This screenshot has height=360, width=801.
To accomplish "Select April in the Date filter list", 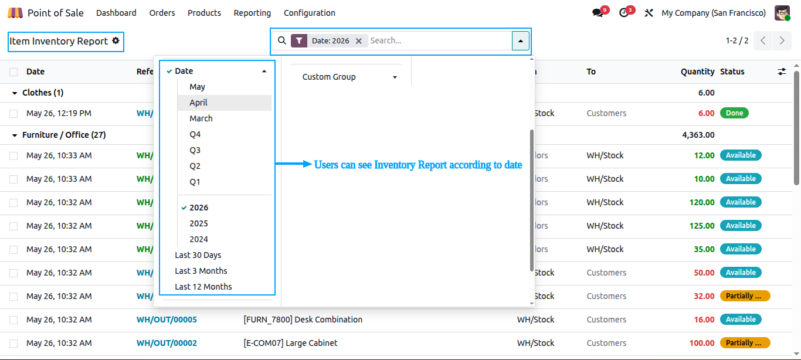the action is pyautogui.click(x=198, y=103).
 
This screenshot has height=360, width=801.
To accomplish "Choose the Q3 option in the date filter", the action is pyautogui.click(x=195, y=150).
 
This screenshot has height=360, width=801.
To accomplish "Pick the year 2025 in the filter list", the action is pyautogui.click(x=198, y=223).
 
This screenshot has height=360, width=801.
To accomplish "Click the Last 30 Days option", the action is pyautogui.click(x=198, y=255).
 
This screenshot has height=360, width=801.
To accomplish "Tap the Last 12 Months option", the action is pyautogui.click(x=203, y=287).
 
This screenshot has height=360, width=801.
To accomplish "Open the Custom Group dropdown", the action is pyautogui.click(x=349, y=77).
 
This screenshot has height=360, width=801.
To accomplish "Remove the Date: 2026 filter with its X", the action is pyautogui.click(x=359, y=41).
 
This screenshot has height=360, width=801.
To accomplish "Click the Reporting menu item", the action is pyautogui.click(x=252, y=13).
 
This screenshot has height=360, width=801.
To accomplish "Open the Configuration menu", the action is pyautogui.click(x=309, y=13).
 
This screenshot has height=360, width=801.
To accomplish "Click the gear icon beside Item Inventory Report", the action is pyautogui.click(x=116, y=40).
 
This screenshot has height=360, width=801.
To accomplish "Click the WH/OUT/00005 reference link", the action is pyautogui.click(x=167, y=320).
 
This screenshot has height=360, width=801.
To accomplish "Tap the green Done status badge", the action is pyautogui.click(x=734, y=113).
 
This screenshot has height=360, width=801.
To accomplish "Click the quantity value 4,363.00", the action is pyautogui.click(x=698, y=135).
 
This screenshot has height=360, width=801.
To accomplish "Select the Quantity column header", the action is pyautogui.click(x=697, y=72).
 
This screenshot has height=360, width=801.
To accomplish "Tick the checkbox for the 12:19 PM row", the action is pyautogui.click(x=13, y=114).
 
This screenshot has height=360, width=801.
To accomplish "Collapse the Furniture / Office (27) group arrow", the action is pyautogui.click(x=15, y=135).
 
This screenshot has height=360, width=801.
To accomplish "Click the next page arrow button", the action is pyautogui.click(x=782, y=41).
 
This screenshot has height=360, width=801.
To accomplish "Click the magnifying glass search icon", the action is pyautogui.click(x=282, y=40).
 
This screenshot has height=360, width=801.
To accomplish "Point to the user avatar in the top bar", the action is pyautogui.click(x=782, y=13).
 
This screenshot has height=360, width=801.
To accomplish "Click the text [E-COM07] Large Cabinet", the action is pyautogui.click(x=290, y=343).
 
